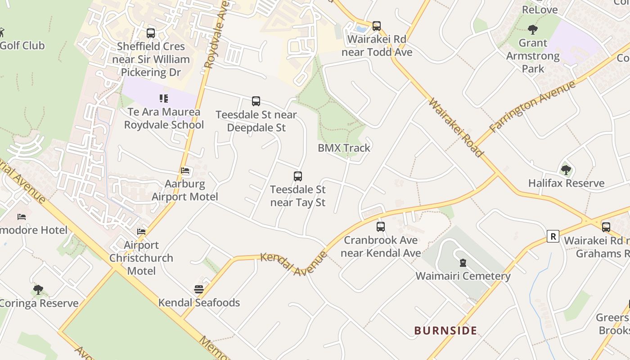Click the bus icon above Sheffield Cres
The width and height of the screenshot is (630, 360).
click(151, 33)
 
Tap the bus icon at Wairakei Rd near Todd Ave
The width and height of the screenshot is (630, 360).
click(377, 26)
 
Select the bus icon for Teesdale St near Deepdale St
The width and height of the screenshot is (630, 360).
click(256, 101)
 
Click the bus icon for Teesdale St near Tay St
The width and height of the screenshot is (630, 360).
click(298, 176)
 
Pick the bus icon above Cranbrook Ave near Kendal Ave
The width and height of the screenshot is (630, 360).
click(381, 226)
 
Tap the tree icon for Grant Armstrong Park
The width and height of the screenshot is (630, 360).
click(533, 30)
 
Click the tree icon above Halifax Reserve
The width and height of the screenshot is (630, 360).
click(566, 170)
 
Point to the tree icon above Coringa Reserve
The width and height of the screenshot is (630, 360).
click(38, 290)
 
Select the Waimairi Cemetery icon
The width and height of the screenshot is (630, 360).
click(463, 263)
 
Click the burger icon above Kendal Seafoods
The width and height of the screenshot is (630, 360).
click(199, 289)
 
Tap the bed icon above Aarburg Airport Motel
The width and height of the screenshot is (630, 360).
click(185, 171)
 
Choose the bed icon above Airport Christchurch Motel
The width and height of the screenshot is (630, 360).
click(141, 232)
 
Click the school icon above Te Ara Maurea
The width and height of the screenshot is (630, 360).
click(164, 98)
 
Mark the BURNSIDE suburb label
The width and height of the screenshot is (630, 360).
click(445, 331)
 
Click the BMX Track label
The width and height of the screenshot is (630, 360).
click(344, 148)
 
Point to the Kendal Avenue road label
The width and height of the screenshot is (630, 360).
click(293, 264)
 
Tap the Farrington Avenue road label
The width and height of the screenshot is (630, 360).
click(532, 107)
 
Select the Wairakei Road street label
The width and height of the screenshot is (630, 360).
click(455, 128)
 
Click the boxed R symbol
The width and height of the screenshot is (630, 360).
click(553, 236)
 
